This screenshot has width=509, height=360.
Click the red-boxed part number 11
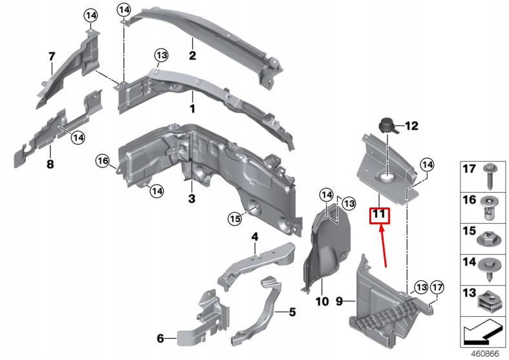click(x=379, y=215)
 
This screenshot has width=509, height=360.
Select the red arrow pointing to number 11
click(x=384, y=246)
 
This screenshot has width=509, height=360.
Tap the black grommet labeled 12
click(x=387, y=124)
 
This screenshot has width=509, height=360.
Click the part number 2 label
click(x=192, y=56)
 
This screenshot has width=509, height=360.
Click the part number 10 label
click(x=322, y=301)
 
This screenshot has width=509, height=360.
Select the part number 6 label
click(x=160, y=337)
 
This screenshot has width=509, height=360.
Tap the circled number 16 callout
click(x=102, y=160)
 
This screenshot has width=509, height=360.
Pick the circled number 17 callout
click(x=438, y=287)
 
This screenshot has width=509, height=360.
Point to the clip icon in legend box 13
click(x=490, y=299)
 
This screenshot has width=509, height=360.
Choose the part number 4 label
click(x=255, y=237)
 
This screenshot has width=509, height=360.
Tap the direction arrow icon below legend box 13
click(x=482, y=333)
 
